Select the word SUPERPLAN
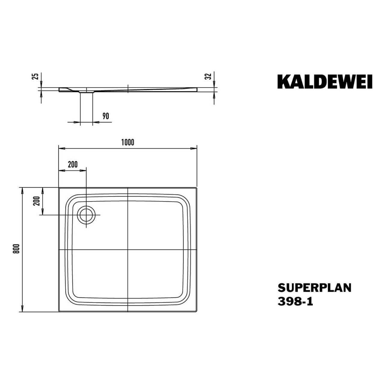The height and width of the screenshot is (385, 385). [x=314, y=288]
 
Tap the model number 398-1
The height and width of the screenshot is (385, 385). [x=295, y=302]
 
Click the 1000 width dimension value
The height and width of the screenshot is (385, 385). [x=128, y=143]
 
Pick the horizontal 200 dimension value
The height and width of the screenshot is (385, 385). [x=72, y=164]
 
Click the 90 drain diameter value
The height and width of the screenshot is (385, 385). [x=105, y=116]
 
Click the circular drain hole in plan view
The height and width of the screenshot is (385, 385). [x=87, y=215]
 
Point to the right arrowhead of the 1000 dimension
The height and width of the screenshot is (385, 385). [x=194, y=148]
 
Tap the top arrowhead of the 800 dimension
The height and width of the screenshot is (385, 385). [x=22, y=189]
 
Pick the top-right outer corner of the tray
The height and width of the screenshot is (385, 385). [x=196, y=188]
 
